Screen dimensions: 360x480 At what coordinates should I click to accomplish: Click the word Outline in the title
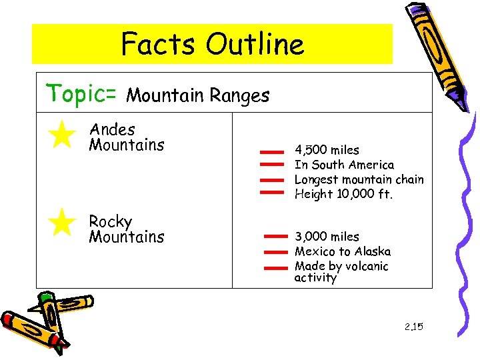tap(255, 45)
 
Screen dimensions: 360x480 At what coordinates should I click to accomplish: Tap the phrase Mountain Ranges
tap(197, 96)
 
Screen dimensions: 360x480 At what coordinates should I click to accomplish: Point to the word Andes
tap(112, 129)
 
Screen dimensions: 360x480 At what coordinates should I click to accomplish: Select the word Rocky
tap(110, 221)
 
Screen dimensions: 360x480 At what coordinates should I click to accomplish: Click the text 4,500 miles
tap(327, 150)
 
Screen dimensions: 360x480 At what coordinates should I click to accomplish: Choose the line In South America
tap(344, 165)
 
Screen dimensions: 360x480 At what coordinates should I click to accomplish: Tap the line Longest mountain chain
tap(359, 179)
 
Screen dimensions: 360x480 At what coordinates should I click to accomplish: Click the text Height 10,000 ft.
tap(344, 194)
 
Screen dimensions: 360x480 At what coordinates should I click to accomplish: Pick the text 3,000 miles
tap(327, 237)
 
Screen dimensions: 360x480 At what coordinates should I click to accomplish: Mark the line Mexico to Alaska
tap(343, 251)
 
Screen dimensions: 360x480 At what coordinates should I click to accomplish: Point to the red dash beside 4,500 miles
tap(271, 153)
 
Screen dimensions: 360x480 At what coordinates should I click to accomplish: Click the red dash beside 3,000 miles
tap(275, 237)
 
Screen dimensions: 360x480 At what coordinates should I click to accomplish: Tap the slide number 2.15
tap(413, 327)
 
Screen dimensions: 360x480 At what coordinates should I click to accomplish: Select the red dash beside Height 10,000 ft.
tap(271, 193)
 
